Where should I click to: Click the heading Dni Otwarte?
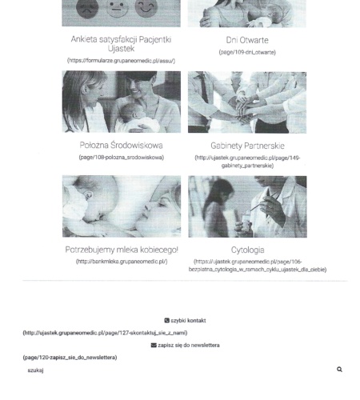coord(247,40)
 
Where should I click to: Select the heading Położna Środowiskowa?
coord(122,145)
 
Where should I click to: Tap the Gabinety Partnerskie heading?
coord(247,146)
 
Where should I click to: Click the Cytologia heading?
coord(248,250)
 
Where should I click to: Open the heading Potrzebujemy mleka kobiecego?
coord(122,250)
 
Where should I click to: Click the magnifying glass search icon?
coord(339,370)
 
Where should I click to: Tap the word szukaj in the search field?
coord(35,370)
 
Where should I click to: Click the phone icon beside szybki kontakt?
coord(167,320)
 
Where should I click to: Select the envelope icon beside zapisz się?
coord(154,345)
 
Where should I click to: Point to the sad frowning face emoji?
coord(87,9)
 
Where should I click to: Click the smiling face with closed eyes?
coord(146,8)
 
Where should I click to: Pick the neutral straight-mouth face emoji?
coord(117,8)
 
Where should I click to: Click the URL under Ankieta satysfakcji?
coord(122,61)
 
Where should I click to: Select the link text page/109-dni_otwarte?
coord(247,52)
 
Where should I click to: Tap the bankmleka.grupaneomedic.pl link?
coord(122,262)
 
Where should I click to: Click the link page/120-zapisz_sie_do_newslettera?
coord(70,358)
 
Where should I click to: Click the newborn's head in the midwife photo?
coord(131,111)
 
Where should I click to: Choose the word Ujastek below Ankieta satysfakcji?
coord(121,49)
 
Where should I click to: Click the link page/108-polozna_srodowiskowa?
coord(122,158)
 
